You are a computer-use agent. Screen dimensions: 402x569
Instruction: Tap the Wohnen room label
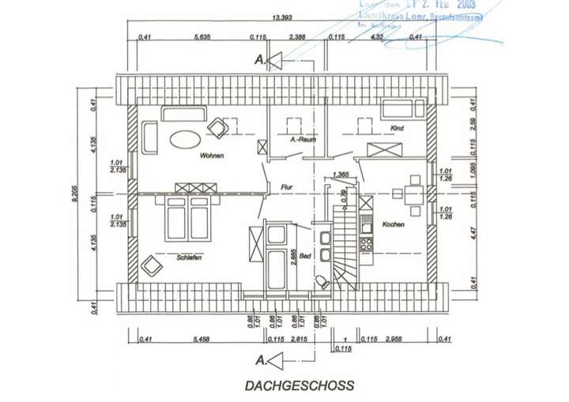point(212,156)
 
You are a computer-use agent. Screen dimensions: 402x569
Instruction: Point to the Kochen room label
point(393,224)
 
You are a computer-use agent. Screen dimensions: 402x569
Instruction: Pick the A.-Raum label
point(303,140)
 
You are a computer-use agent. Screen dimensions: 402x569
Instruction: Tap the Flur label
point(287,187)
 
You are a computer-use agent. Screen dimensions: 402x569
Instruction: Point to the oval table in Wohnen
point(186,137)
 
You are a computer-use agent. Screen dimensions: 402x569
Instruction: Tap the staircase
point(345,245)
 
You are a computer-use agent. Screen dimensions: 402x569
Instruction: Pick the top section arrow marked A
point(271,58)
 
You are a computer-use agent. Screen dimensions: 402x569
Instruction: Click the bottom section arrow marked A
point(271,361)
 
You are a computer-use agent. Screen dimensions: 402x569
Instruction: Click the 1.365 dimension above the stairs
point(341,175)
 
